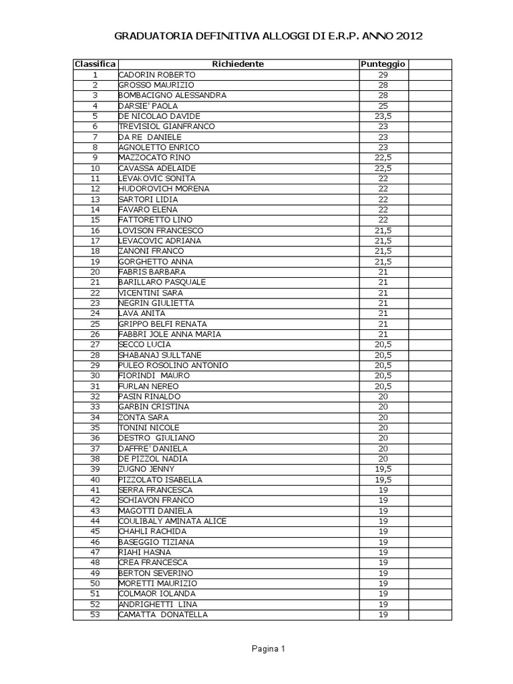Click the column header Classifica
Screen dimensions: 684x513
(95, 64)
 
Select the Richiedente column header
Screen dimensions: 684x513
(238, 64)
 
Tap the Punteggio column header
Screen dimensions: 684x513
(383, 64)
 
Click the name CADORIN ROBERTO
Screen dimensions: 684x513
(157, 75)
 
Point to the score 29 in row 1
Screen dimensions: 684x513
(383, 75)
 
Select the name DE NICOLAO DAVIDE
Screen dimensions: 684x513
(159, 116)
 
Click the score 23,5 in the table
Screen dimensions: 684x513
(383, 116)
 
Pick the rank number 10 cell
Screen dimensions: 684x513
(95, 168)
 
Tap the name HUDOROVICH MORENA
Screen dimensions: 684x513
(164, 189)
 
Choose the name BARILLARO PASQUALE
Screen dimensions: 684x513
(162, 283)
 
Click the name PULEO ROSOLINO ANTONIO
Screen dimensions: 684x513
(173, 365)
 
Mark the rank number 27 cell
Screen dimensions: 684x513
(95, 345)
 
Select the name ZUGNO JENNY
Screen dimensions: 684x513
(146, 470)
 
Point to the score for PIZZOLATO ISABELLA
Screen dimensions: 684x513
(383, 480)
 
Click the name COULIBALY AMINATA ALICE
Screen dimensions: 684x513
(172, 521)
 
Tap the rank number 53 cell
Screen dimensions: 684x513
(95, 615)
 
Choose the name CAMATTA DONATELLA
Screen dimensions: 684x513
(163, 615)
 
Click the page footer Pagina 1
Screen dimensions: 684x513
(269, 649)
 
